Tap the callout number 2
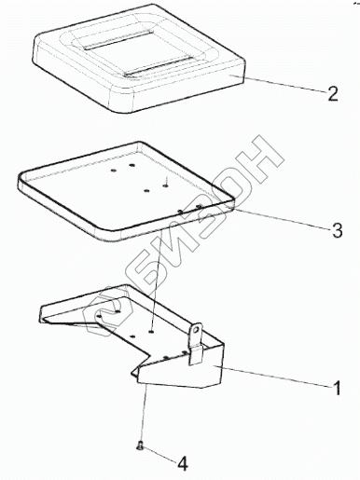point(332,93)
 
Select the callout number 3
point(337,230)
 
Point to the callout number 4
point(183,464)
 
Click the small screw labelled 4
point(139,446)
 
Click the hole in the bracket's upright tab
point(196,331)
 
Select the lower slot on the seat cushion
point(158,67)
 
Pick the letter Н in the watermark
point(255,158)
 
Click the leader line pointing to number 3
point(282,218)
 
